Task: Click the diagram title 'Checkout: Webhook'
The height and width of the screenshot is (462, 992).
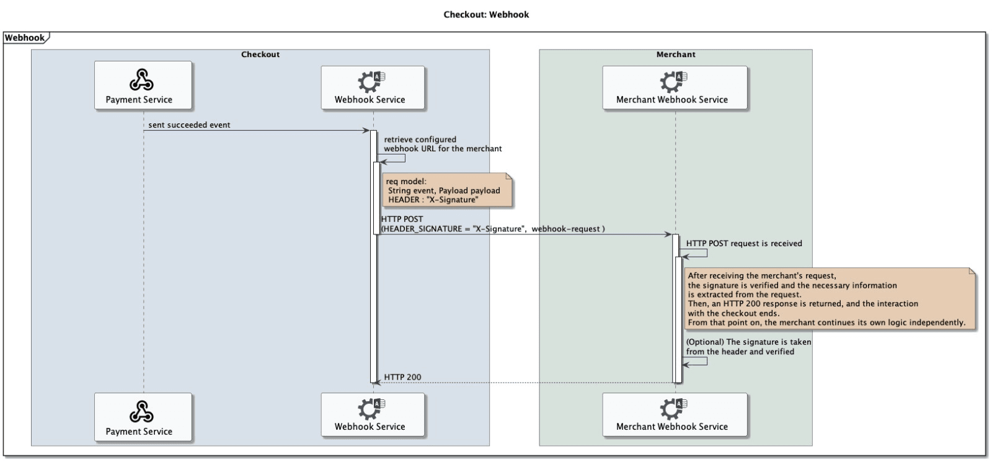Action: point(486,14)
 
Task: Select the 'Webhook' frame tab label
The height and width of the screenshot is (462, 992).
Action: point(25,38)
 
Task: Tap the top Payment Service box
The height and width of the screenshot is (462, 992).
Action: point(143,86)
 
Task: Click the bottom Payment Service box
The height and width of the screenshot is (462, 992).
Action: point(143,417)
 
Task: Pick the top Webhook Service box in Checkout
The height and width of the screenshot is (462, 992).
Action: point(373,88)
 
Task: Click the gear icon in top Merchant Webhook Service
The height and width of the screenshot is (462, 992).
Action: point(670,81)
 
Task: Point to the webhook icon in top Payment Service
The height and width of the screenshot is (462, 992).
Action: point(141,80)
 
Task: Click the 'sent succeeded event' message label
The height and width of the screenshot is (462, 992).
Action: point(189,125)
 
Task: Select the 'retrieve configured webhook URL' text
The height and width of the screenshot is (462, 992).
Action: point(443,144)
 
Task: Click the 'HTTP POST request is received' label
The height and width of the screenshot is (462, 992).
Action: point(744,244)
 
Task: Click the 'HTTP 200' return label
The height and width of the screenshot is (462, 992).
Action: point(402,377)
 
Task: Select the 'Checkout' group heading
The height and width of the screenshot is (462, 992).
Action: point(260,55)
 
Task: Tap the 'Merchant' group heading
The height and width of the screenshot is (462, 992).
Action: point(675,55)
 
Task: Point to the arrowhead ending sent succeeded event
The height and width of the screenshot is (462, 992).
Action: point(366,130)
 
